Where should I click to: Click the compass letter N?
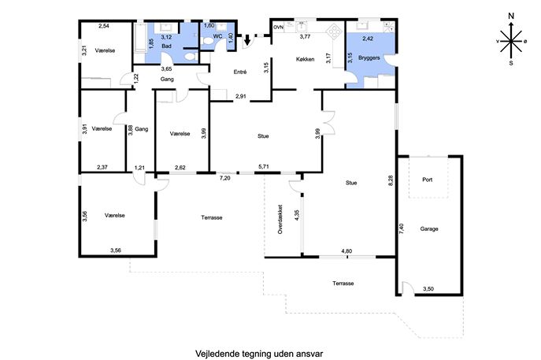511,16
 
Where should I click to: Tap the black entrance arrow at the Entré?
247,40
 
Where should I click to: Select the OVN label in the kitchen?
278,28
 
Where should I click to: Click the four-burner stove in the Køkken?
335,31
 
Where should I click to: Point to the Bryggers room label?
369,58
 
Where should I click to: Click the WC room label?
217,36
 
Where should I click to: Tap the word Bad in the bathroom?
166,46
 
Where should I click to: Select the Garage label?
429,228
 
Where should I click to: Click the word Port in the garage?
427,180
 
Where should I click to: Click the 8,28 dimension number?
391,181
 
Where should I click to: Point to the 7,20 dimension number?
225,178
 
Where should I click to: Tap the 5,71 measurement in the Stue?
264,167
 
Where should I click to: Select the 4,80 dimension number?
346,251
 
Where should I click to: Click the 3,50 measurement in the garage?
428,289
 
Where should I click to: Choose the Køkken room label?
306,59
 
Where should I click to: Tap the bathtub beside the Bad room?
140,39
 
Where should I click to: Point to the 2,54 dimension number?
104,25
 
